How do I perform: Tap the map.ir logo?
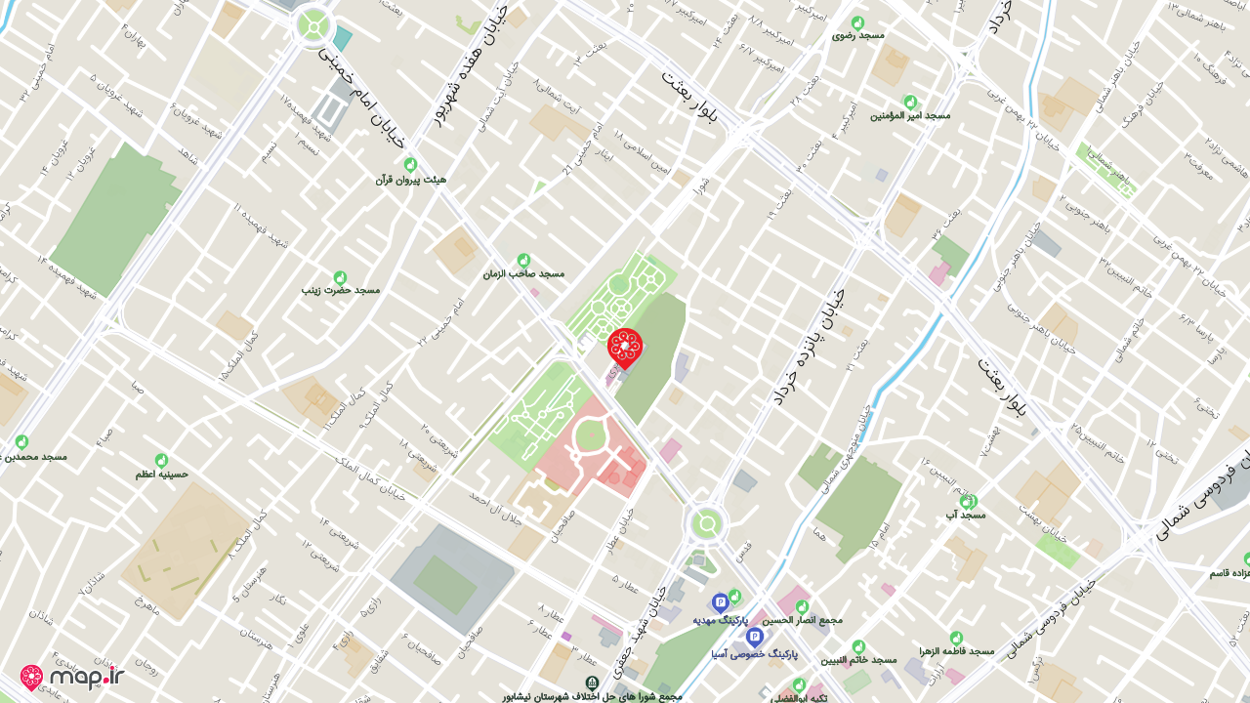[72, 676]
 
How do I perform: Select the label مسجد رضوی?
[857, 35]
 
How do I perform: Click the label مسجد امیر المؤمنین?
[910, 115]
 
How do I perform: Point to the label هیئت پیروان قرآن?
[410, 180]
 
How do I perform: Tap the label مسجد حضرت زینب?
[340, 290]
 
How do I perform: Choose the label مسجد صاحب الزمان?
[523, 273]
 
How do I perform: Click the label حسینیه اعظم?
[161, 475]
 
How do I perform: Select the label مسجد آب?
[967, 514]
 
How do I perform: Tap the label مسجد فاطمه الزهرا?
[956, 651]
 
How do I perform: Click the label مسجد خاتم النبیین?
[858, 660]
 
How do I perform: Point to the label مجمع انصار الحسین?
[802, 619]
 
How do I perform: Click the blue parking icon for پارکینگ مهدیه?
[720, 602]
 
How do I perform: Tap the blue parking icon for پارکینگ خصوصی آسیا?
[754, 637]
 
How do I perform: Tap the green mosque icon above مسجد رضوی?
[857, 21]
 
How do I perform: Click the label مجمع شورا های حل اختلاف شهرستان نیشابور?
[592, 696]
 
